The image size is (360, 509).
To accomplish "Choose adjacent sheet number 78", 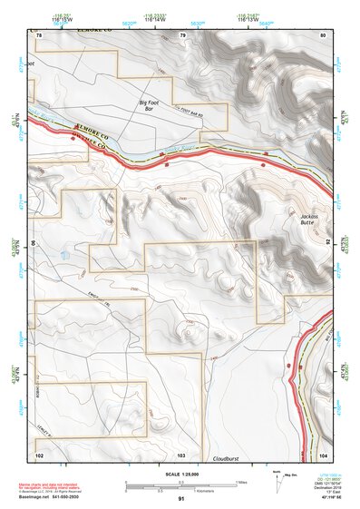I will pos(39,34).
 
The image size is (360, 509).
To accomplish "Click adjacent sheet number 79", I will pos(182,34).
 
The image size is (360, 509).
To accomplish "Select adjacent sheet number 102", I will pos(39,454).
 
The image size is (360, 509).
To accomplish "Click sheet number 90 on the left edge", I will pos(33,244).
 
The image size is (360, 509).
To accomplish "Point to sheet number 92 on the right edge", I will pos(327,244).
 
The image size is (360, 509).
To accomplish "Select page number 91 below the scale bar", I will pos(181,499).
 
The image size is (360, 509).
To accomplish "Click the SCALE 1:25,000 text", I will pos(180,474).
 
